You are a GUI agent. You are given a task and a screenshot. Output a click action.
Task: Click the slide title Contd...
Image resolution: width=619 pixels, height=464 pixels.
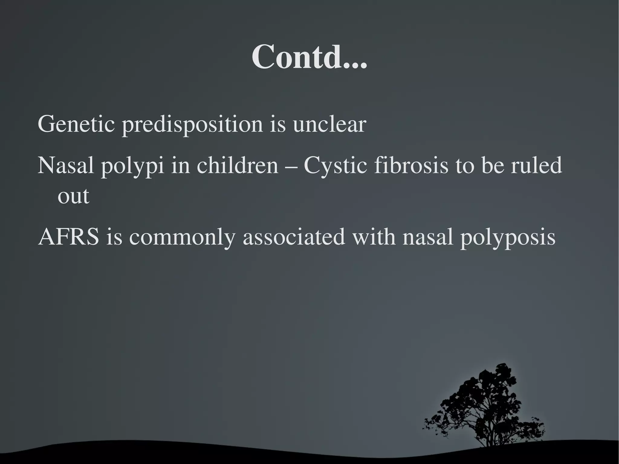pyautogui.click(x=309, y=57)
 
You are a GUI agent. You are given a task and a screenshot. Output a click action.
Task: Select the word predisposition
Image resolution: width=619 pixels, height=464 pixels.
pyautogui.click(x=192, y=124)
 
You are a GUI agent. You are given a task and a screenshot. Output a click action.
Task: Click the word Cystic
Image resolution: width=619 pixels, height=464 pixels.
pyautogui.click(x=335, y=166)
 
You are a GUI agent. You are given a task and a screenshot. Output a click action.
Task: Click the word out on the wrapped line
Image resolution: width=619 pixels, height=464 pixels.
pyautogui.click(x=73, y=196)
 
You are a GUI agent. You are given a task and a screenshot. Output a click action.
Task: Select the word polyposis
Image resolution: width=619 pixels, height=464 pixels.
pyautogui.click(x=507, y=238)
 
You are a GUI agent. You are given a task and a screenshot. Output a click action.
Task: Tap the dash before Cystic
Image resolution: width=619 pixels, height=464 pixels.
pyautogui.click(x=291, y=167)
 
